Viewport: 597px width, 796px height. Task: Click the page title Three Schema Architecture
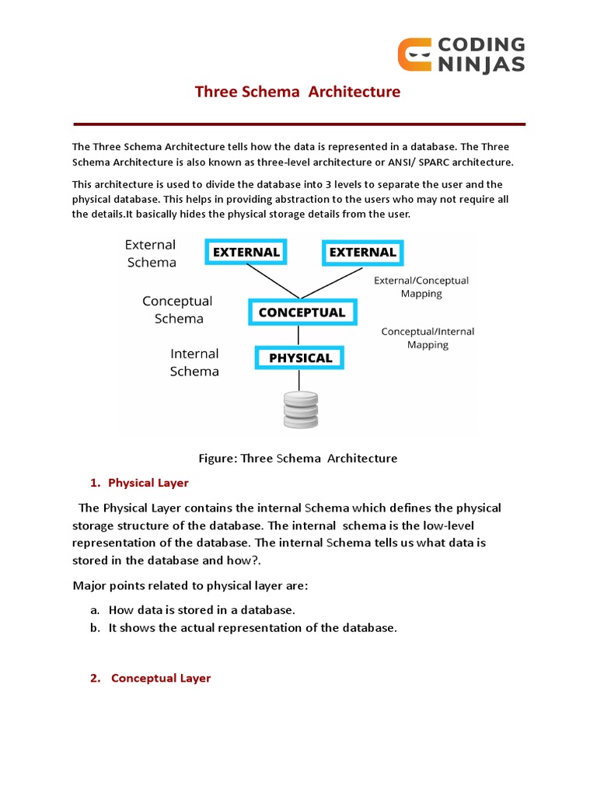[x=298, y=92]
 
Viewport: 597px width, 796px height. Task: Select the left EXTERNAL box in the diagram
[x=246, y=252]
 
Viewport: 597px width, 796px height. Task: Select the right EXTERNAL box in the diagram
[x=362, y=252]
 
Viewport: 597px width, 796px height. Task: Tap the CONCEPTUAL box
[x=302, y=312]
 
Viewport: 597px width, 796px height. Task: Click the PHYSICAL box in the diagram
[x=300, y=358]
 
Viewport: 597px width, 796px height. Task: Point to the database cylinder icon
[x=301, y=408]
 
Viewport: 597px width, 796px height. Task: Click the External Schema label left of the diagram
[x=151, y=253]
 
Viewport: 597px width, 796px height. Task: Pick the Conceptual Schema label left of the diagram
[x=178, y=309]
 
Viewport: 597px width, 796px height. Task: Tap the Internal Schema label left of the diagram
[x=194, y=362]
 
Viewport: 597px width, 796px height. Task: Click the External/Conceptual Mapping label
[x=421, y=287]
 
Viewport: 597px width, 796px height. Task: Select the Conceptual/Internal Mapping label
[x=428, y=338]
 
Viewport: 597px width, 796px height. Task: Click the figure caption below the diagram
[x=298, y=458]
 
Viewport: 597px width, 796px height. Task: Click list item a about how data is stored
[x=202, y=610]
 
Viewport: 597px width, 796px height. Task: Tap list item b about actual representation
[x=253, y=628]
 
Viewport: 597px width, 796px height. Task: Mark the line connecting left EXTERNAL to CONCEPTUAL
[x=273, y=281]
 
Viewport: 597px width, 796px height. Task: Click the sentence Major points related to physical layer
[x=190, y=585]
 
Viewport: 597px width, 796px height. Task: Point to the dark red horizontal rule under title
[x=299, y=124]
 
